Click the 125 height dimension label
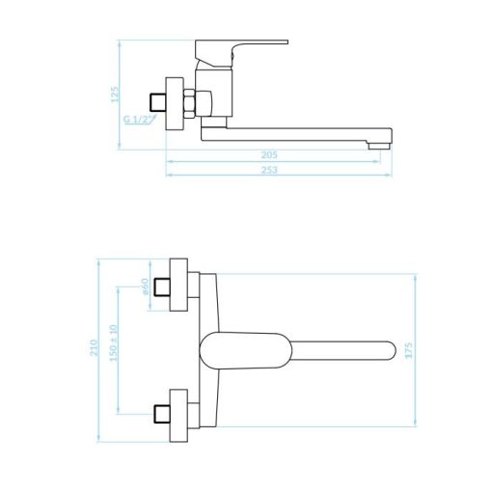pyautogui.click(x=115, y=95)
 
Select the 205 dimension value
pyautogui.click(x=269, y=155)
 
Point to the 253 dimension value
pyautogui.click(x=269, y=170)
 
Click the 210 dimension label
pyautogui.click(x=94, y=347)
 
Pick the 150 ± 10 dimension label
pyautogui.click(x=114, y=342)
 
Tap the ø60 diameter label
pyautogui.click(x=145, y=287)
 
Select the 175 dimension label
pyautogui.click(x=408, y=350)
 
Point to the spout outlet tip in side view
pyautogui.click(x=379, y=147)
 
